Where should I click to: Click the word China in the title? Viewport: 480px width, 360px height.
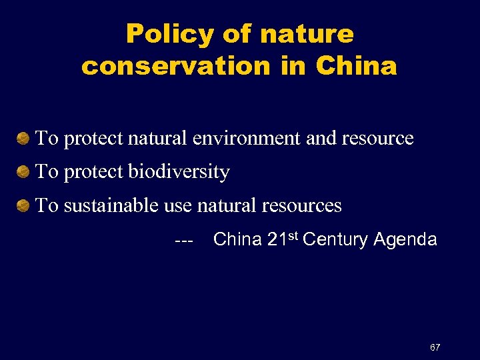357,66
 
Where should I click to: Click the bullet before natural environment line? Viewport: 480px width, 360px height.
23,139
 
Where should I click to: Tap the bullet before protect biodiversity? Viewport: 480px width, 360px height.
23,172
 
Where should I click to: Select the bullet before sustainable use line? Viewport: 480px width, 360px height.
23,206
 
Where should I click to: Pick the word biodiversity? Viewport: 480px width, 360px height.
179,172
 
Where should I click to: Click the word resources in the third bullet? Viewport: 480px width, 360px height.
301,206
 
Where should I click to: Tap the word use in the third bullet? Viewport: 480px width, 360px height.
179,206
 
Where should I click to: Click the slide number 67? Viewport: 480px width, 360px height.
435,347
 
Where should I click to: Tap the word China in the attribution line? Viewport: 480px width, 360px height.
237,240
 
